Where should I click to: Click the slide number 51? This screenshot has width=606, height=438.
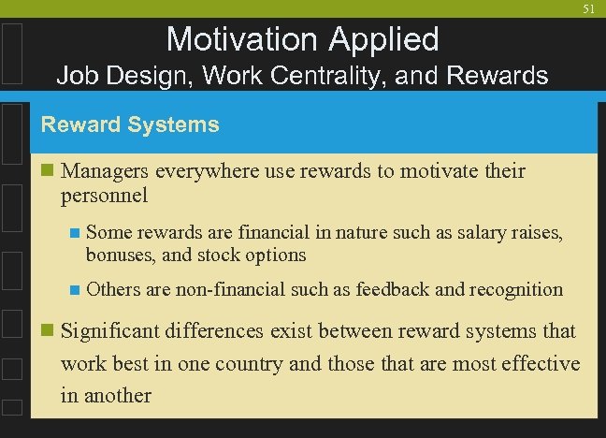pyautogui.click(x=588, y=8)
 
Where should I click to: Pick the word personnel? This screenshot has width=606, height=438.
pyautogui.click(x=104, y=196)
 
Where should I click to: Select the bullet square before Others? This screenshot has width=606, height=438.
pyautogui.click(x=75, y=290)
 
